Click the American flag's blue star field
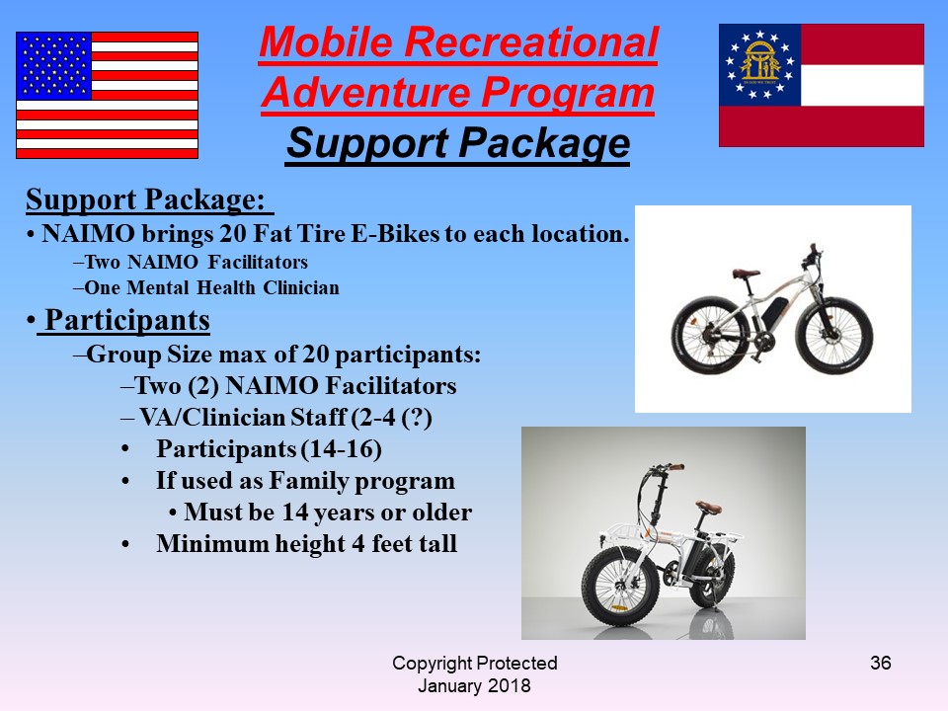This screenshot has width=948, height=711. tap(53, 66)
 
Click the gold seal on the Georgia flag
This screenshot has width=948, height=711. tap(760, 62)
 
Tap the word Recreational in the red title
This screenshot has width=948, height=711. tap(530, 42)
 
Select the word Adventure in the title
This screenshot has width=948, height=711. tap(365, 93)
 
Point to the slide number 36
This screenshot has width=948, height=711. tap(880, 663)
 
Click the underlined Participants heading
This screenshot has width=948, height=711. tap(127, 320)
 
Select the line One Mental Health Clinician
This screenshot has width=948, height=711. tap(211, 287)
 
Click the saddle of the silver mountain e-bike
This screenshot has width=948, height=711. tap(746, 274)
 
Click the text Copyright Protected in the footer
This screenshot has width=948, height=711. tap(475, 664)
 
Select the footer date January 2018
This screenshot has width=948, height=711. tap(475, 685)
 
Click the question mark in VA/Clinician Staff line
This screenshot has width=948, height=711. tap(417, 418)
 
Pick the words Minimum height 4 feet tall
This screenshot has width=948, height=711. tap(306, 543)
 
